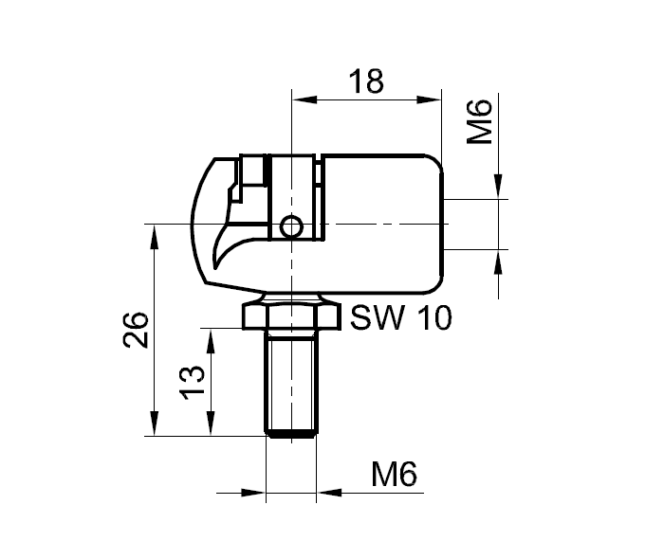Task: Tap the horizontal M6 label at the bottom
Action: click(x=395, y=474)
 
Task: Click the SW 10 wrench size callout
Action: click(x=400, y=317)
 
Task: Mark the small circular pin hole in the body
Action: click(x=292, y=225)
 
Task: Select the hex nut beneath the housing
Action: click(x=290, y=315)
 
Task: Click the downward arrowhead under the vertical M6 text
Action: click(x=499, y=189)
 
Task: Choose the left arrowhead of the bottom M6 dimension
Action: click(x=256, y=493)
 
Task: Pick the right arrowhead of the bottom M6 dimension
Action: click(x=328, y=493)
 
